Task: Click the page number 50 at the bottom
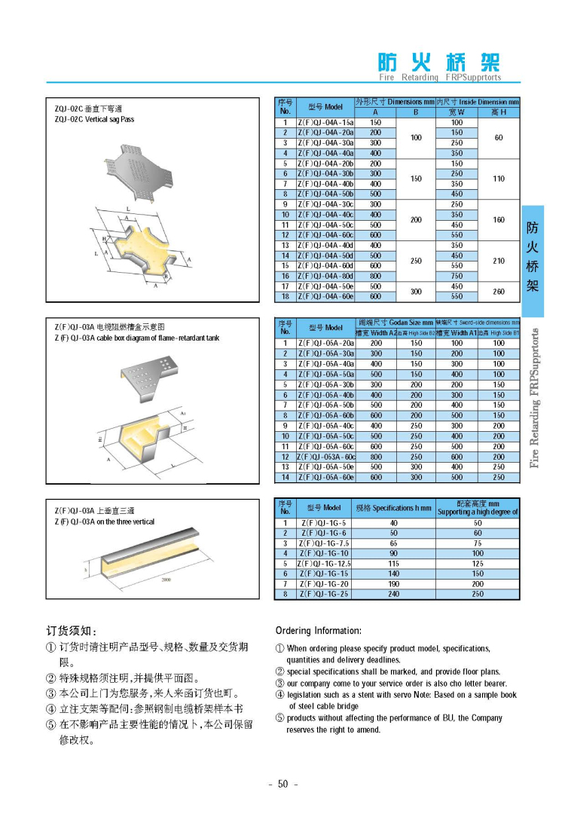point(283,784)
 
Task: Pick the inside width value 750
point(457,276)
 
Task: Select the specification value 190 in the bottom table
point(393,584)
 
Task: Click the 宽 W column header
point(457,112)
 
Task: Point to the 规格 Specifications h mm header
point(393,508)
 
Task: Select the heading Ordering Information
point(318,631)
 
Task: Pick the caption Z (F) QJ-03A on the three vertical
point(104,522)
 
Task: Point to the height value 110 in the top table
point(498,179)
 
